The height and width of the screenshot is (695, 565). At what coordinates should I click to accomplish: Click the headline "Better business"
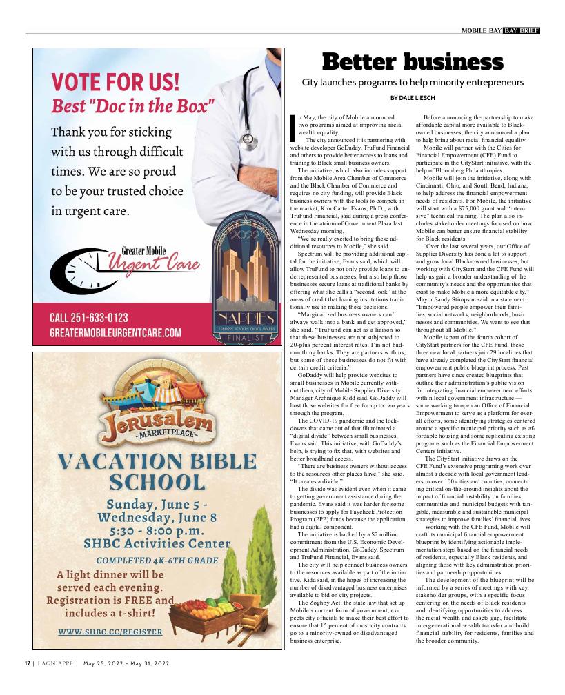pos(413,63)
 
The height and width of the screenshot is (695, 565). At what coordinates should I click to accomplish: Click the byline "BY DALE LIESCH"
pos(413,98)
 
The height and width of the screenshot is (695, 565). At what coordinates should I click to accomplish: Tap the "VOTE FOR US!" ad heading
pos(116,83)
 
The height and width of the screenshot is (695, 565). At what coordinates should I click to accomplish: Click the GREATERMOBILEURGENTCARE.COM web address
pos(115,333)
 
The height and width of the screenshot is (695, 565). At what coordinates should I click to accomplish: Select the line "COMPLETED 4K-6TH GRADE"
pos(157,561)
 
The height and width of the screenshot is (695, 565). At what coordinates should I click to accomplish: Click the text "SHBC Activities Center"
pos(157,544)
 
